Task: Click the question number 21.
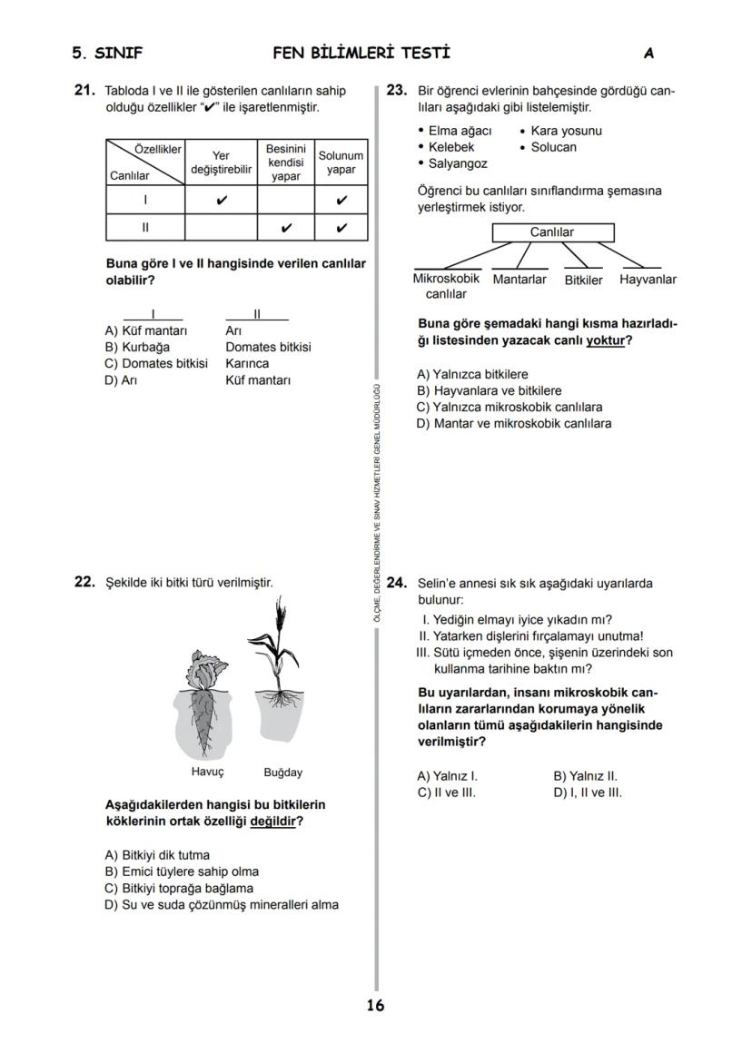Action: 84,91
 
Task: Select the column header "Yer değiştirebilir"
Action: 221,162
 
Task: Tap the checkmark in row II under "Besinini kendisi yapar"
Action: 286,227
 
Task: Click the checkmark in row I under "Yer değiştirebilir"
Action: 222,200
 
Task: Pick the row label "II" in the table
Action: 145,227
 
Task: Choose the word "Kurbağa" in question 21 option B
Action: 145,347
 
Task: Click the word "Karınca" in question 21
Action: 247,363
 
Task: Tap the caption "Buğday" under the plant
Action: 282,773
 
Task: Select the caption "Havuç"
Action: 207,772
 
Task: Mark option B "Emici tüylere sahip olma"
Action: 182,871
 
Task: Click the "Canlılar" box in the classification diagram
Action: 551,232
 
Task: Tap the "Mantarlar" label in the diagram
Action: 519,280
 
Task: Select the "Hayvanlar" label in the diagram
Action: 648,280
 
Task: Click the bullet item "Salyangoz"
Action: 458,163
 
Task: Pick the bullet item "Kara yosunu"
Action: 566,131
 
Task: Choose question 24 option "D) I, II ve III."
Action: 588,792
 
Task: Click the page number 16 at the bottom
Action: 375,1005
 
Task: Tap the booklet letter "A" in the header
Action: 648,54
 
